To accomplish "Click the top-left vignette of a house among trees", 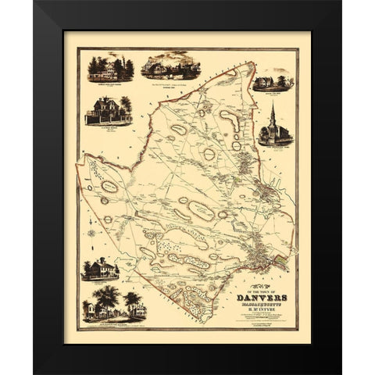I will pyautogui.click(x=109, y=68).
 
